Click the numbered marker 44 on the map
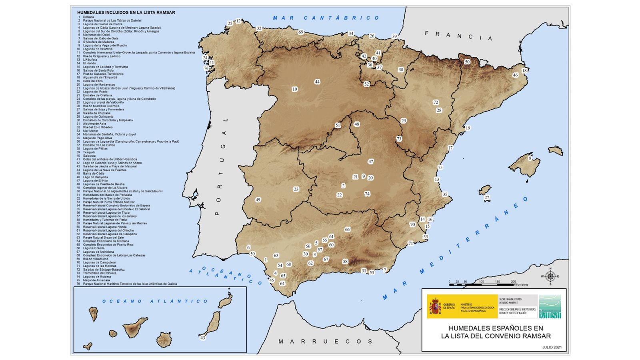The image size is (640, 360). pos(317,82)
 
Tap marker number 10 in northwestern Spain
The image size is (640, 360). pos(295,89)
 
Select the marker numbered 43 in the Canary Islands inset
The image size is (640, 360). pos(203,338)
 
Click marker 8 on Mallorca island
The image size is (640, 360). pos(530,158)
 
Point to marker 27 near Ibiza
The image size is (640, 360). pos(487,198)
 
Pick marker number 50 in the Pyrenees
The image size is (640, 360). pos(467,62)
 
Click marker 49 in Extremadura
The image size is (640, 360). pos(258,200)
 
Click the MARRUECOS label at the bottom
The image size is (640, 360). pos(326,341)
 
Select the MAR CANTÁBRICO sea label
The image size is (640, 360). pos(326,18)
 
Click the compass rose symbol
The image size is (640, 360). pos(550,276)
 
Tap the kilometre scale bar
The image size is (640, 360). pos(481,284)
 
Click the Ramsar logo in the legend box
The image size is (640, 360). pos(550,306)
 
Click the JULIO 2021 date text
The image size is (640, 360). pos(552,347)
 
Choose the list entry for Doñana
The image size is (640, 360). pos(88,17)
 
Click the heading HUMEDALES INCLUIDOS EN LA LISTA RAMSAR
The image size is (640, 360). pos(126,12)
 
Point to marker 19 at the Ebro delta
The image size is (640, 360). pos(468,128)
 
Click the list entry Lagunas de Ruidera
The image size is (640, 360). pos(96,277)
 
